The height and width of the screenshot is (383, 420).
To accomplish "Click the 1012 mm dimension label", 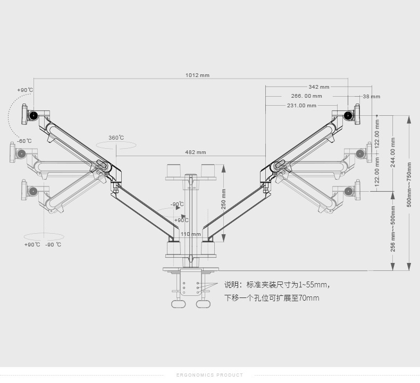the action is (x=197, y=75).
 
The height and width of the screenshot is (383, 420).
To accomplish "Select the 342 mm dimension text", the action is (x=319, y=87).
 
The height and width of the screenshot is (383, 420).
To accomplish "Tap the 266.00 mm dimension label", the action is (x=306, y=96).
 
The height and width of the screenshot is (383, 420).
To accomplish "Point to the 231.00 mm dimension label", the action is (x=301, y=106).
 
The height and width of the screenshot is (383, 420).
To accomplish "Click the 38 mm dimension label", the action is (x=372, y=97).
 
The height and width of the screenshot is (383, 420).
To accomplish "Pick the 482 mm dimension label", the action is (x=196, y=152).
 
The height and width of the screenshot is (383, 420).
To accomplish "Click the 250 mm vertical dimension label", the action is (x=224, y=199).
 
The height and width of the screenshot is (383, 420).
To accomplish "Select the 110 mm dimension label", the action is (x=191, y=234).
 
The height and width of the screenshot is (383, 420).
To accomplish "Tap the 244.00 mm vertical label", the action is (x=393, y=153).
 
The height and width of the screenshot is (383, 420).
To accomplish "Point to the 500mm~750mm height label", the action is (x=409, y=184).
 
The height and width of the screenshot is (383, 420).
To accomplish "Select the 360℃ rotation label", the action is (x=116, y=138).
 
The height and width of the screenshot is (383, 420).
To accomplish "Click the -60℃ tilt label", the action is (x=24, y=141).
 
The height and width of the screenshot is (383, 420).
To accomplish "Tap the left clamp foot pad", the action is (x=179, y=304).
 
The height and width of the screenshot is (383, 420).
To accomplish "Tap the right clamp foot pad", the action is (x=203, y=304).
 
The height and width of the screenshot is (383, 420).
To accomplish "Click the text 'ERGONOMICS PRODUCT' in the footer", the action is (x=209, y=375).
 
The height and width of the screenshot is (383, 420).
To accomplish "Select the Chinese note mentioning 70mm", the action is (x=272, y=298).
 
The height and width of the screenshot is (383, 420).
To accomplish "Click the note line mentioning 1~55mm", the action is (x=277, y=285).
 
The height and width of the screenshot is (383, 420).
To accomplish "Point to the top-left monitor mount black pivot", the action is (x=34, y=115).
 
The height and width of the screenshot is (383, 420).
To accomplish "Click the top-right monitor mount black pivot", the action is (x=349, y=115).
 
